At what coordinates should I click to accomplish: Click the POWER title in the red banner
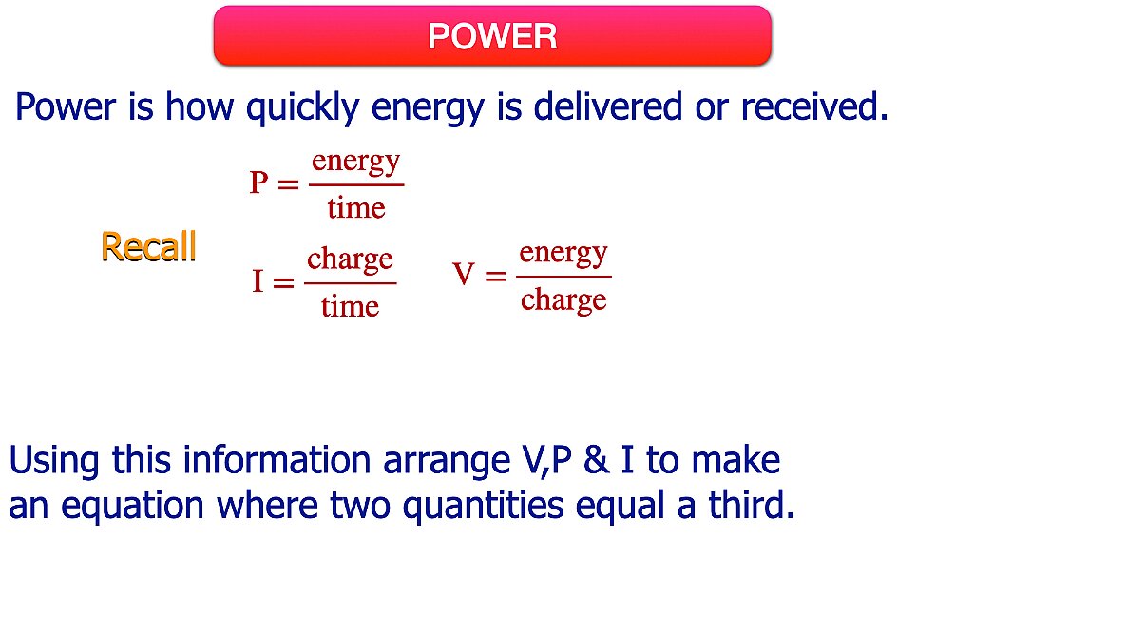(492, 36)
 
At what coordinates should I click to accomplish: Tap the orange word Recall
(148, 247)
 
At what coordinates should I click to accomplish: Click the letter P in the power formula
(259, 183)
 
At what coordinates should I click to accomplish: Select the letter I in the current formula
(258, 281)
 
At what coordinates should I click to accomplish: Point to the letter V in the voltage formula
(464, 276)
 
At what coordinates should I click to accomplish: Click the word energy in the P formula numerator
(356, 162)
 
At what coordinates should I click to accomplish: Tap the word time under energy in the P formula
(356, 207)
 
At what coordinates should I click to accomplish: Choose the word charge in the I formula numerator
(350, 259)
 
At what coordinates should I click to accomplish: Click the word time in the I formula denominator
(350, 306)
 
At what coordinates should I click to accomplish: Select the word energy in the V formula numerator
(563, 253)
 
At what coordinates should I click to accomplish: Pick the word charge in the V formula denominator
(563, 300)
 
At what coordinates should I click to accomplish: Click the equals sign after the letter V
(495, 277)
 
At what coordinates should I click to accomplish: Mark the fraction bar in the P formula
(356, 184)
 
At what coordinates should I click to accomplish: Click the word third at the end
(750, 506)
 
